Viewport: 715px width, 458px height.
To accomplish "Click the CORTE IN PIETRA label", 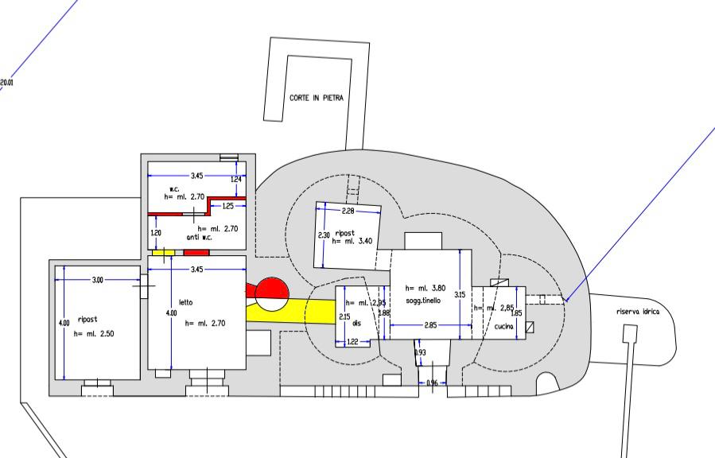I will tap(316, 98).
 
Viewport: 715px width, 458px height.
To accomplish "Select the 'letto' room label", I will tap(186, 302).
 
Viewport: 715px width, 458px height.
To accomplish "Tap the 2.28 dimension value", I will tap(348, 212).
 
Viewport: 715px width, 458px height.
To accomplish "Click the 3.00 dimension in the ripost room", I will tap(97, 280).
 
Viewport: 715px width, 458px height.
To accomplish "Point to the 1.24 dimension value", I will tap(235, 180).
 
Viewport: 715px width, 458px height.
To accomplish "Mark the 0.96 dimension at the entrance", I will tap(433, 384).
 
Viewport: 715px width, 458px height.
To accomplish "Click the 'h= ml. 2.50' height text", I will tap(94, 334).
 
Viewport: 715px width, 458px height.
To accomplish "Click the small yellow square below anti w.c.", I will tap(164, 252).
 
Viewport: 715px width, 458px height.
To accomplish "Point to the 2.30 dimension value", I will tap(323, 235).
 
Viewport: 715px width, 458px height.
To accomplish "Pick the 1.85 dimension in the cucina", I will tap(517, 313).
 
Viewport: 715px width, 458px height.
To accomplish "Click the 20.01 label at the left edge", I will tap(6, 82).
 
